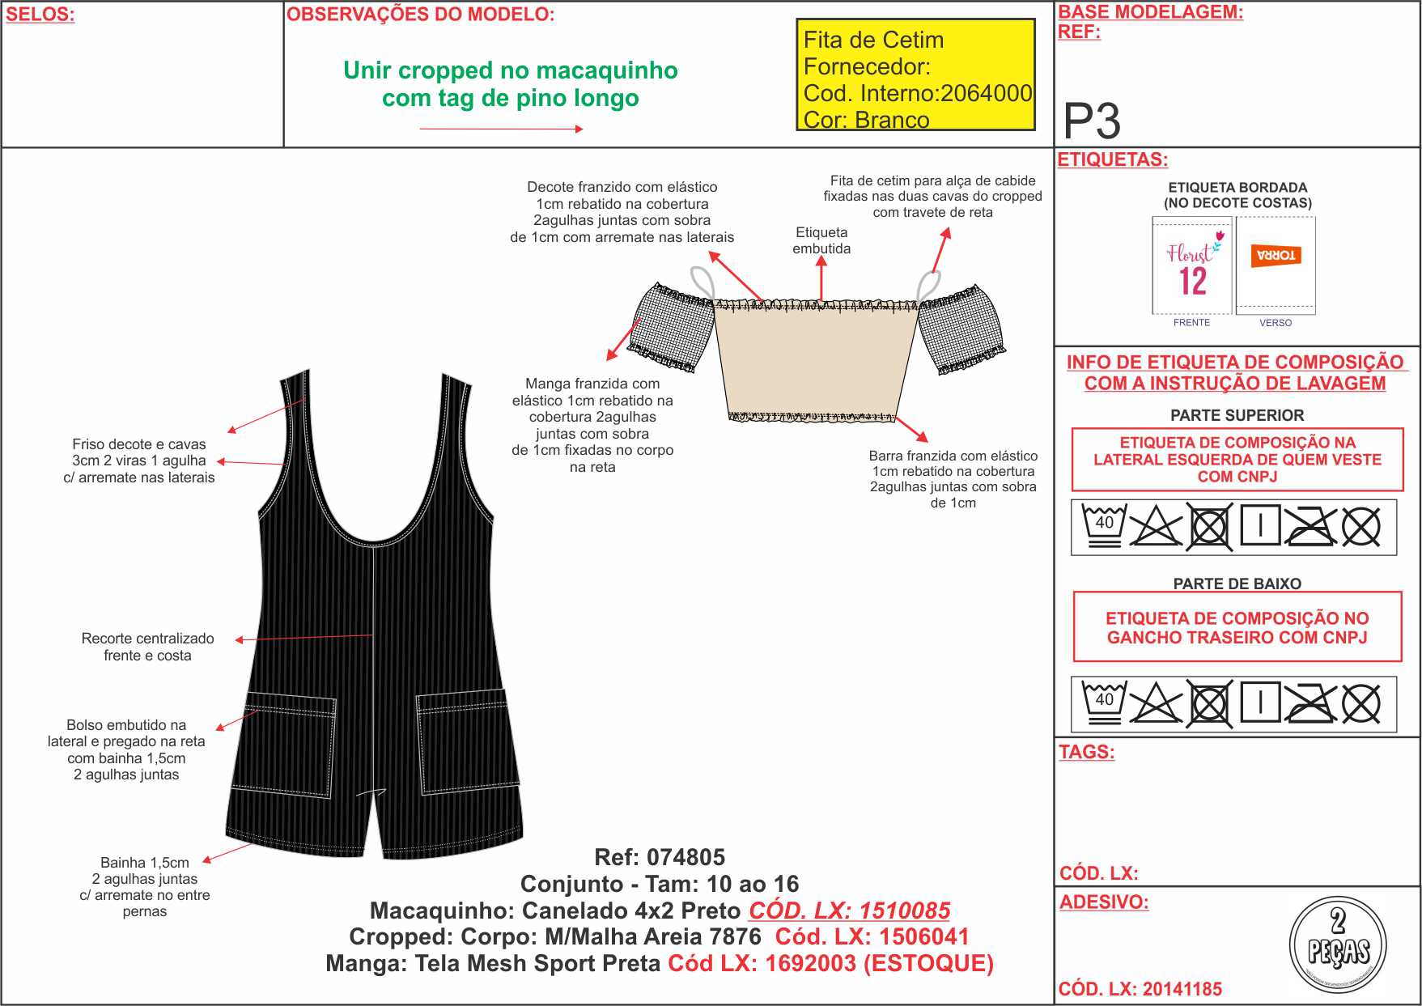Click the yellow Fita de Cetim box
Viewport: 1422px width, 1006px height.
915,74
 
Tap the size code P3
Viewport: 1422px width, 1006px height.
1092,121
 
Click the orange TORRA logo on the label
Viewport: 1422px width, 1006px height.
1276,256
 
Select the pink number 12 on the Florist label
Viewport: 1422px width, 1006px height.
1193,282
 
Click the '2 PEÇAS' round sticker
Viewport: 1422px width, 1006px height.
1337,945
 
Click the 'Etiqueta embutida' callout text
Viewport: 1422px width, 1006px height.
821,240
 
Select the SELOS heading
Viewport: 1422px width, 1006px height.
40,15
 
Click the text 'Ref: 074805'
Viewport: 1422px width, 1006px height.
660,857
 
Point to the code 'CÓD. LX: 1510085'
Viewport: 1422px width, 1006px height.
849,910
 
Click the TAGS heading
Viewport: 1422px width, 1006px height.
1086,752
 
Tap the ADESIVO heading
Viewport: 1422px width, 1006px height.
1104,902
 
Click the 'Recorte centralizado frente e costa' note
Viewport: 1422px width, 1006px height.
147,647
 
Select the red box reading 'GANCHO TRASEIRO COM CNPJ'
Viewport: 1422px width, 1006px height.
1237,627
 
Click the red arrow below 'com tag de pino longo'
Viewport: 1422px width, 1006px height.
501,129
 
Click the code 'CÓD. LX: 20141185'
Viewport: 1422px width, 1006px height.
1140,989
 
